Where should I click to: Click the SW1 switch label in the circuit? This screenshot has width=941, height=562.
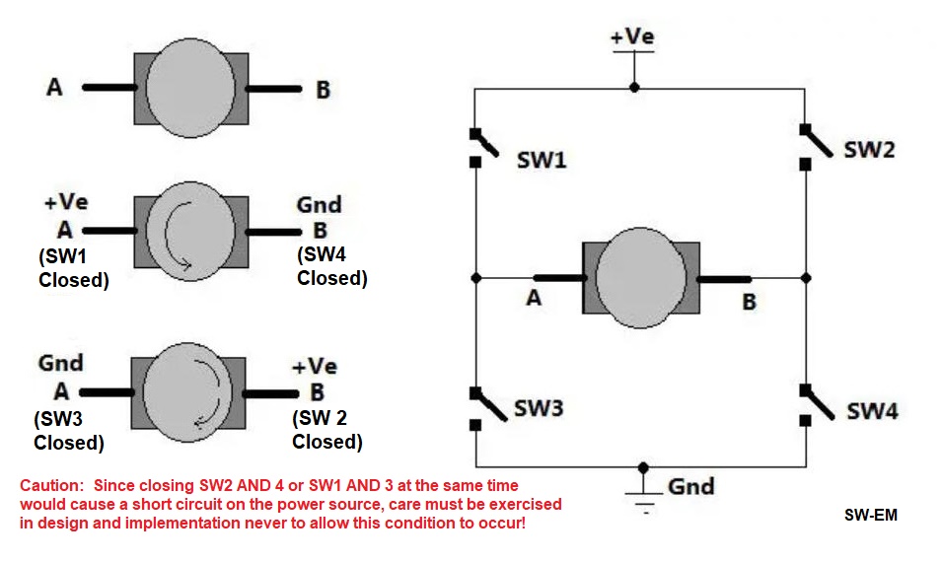click(542, 160)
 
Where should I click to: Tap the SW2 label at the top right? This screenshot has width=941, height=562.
click(869, 151)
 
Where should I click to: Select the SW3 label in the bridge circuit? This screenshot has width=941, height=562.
click(539, 408)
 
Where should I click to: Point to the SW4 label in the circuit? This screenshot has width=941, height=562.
click(872, 410)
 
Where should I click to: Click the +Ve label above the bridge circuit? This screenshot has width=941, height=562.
click(632, 36)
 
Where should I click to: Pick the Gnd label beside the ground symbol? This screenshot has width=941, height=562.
click(690, 486)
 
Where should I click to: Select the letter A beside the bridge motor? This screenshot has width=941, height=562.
click(534, 298)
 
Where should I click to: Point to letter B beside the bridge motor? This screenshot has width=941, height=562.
click(749, 302)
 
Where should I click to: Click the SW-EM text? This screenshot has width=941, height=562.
click(871, 515)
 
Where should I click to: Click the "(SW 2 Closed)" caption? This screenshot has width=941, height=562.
click(326, 429)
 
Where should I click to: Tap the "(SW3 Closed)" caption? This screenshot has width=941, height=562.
click(69, 430)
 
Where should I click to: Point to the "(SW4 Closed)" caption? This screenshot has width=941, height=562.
click(331, 266)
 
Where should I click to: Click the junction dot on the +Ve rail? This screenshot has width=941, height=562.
click(634, 88)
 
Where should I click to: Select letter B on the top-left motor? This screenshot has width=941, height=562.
click(323, 90)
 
